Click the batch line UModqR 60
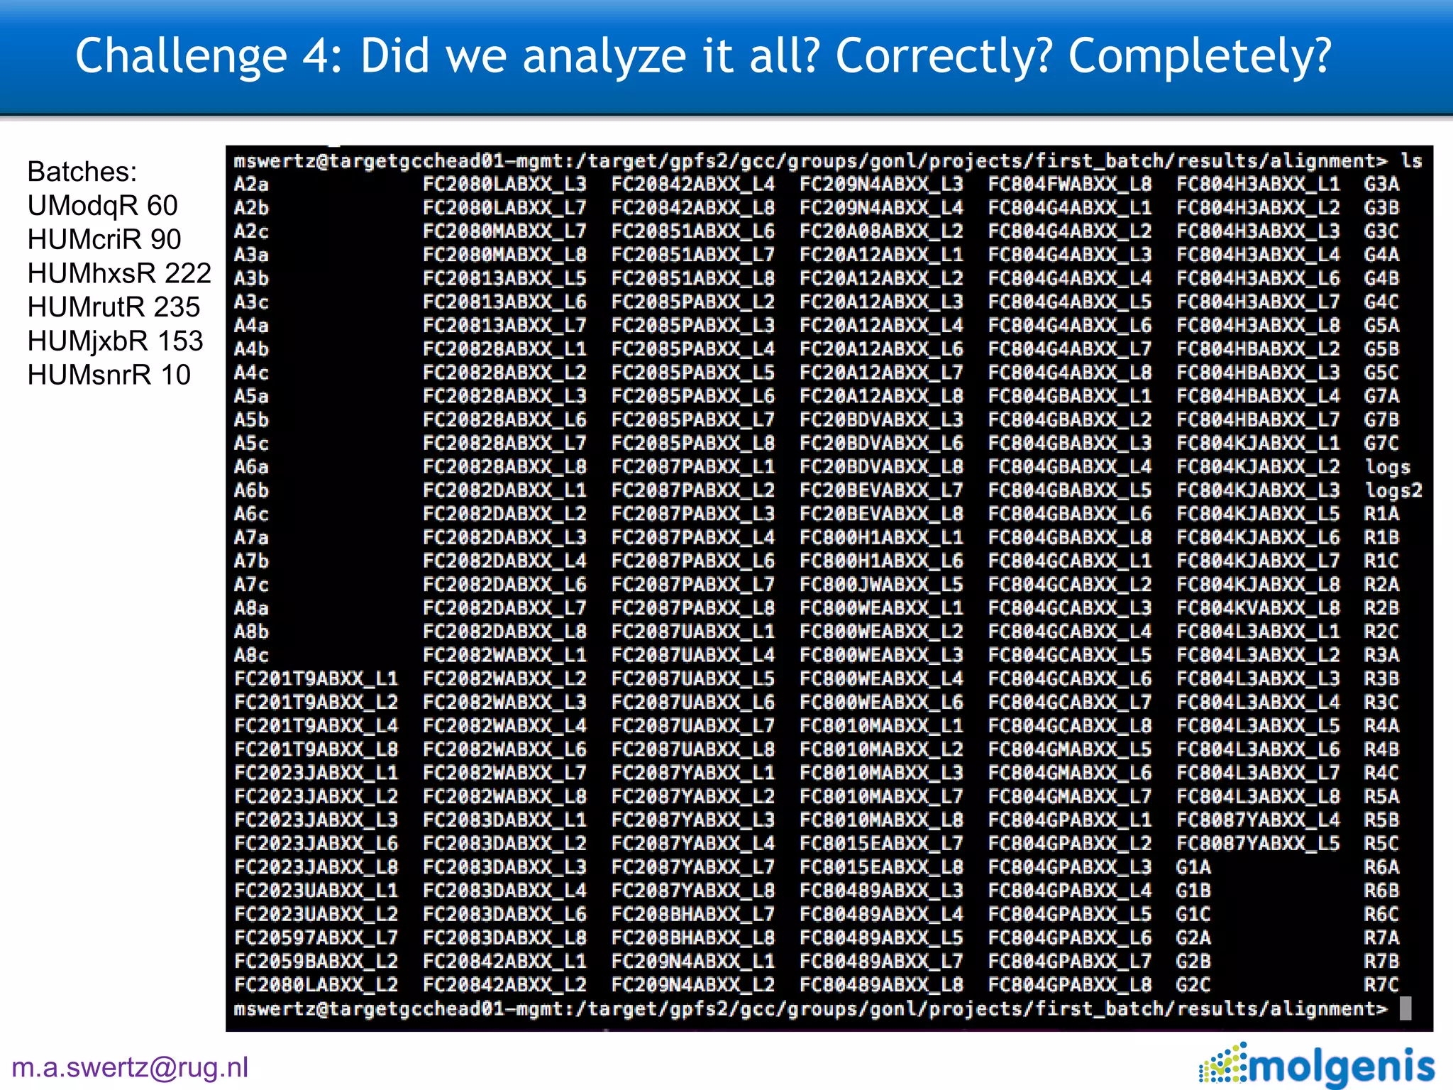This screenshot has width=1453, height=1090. tap(102, 206)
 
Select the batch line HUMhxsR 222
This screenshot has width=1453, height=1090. tap(119, 273)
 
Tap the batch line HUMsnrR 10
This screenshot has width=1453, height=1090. tap(109, 375)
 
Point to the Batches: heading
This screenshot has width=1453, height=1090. tap(82, 172)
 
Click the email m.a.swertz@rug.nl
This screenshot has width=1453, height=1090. tap(130, 1067)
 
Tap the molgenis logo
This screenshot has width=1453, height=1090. tap(1317, 1064)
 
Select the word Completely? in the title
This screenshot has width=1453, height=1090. tap(1200, 56)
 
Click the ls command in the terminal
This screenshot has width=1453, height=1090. tap(1411, 161)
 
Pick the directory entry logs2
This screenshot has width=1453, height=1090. tap(1393, 490)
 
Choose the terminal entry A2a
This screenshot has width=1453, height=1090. tap(251, 185)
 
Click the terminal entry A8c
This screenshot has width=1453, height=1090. tap(251, 655)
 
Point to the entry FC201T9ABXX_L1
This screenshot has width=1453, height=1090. tap(316, 678)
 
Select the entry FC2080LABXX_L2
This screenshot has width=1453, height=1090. tap(316, 984)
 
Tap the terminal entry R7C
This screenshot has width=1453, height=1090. tap(1381, 984)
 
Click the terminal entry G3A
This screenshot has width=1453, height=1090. tap(1381, 185)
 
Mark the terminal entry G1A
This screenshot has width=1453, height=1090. tap(1193, 866)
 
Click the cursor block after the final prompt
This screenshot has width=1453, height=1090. tap(1405, 1008)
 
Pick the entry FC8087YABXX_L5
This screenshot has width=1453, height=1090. tap(1258, 843)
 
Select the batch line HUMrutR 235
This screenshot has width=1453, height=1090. tap(114, 307)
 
